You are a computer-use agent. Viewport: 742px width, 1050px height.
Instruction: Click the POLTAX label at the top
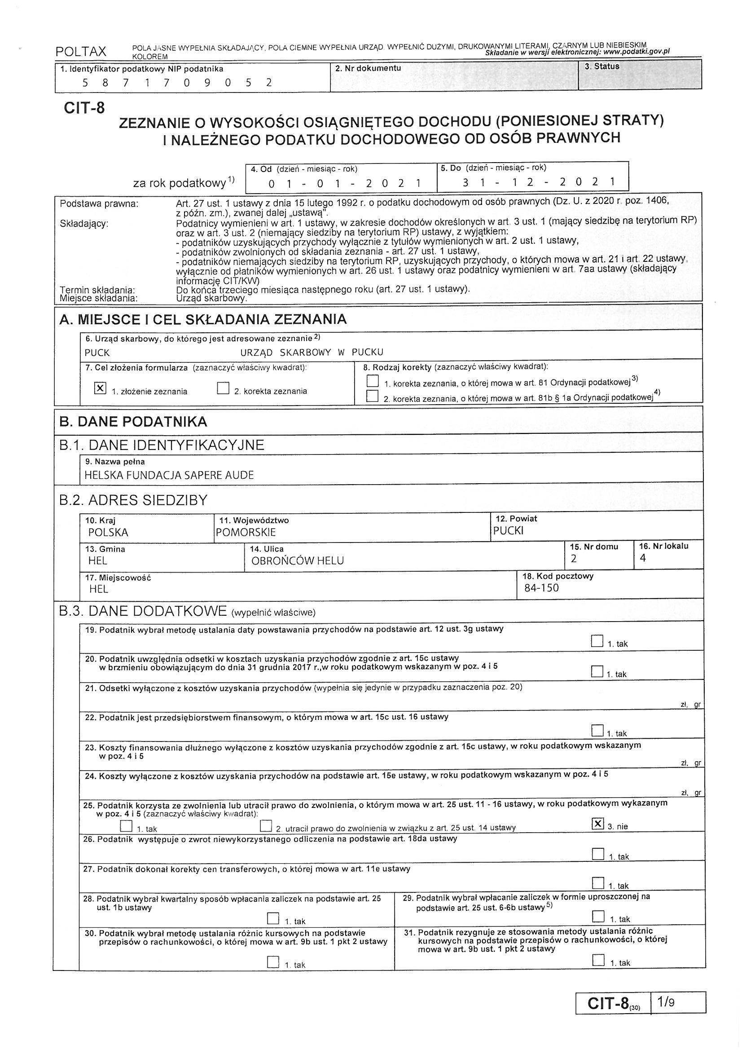tap(80, 52)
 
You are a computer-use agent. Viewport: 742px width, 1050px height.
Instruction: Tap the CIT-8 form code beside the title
tap(84, 108)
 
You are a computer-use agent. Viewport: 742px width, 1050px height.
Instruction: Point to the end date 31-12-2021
tap(538, 182)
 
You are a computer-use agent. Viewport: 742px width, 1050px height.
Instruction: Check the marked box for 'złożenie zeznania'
tap(100, 388)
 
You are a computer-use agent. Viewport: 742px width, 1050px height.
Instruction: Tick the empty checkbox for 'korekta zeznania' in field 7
tap(223, 388)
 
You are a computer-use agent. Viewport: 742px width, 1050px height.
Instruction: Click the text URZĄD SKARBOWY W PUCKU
tap(312, 352)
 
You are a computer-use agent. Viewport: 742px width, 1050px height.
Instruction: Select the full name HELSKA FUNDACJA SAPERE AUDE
tap(169, 475)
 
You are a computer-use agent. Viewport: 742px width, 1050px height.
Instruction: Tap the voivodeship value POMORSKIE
tap(246, 532)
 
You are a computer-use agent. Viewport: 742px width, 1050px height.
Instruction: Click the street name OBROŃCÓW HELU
tap(298, 560)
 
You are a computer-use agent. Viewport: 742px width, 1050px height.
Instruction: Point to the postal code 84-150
tap(541, 588)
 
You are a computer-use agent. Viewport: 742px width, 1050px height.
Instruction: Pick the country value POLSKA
tap(108, 532)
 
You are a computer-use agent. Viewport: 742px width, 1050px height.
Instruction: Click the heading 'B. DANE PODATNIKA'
tap(133, 422)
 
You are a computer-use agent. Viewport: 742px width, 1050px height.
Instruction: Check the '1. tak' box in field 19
tap(597, 641)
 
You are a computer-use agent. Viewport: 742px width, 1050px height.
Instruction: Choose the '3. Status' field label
tap(602, 66)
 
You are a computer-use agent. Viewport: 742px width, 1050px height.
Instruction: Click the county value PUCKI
tap(509, 531)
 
